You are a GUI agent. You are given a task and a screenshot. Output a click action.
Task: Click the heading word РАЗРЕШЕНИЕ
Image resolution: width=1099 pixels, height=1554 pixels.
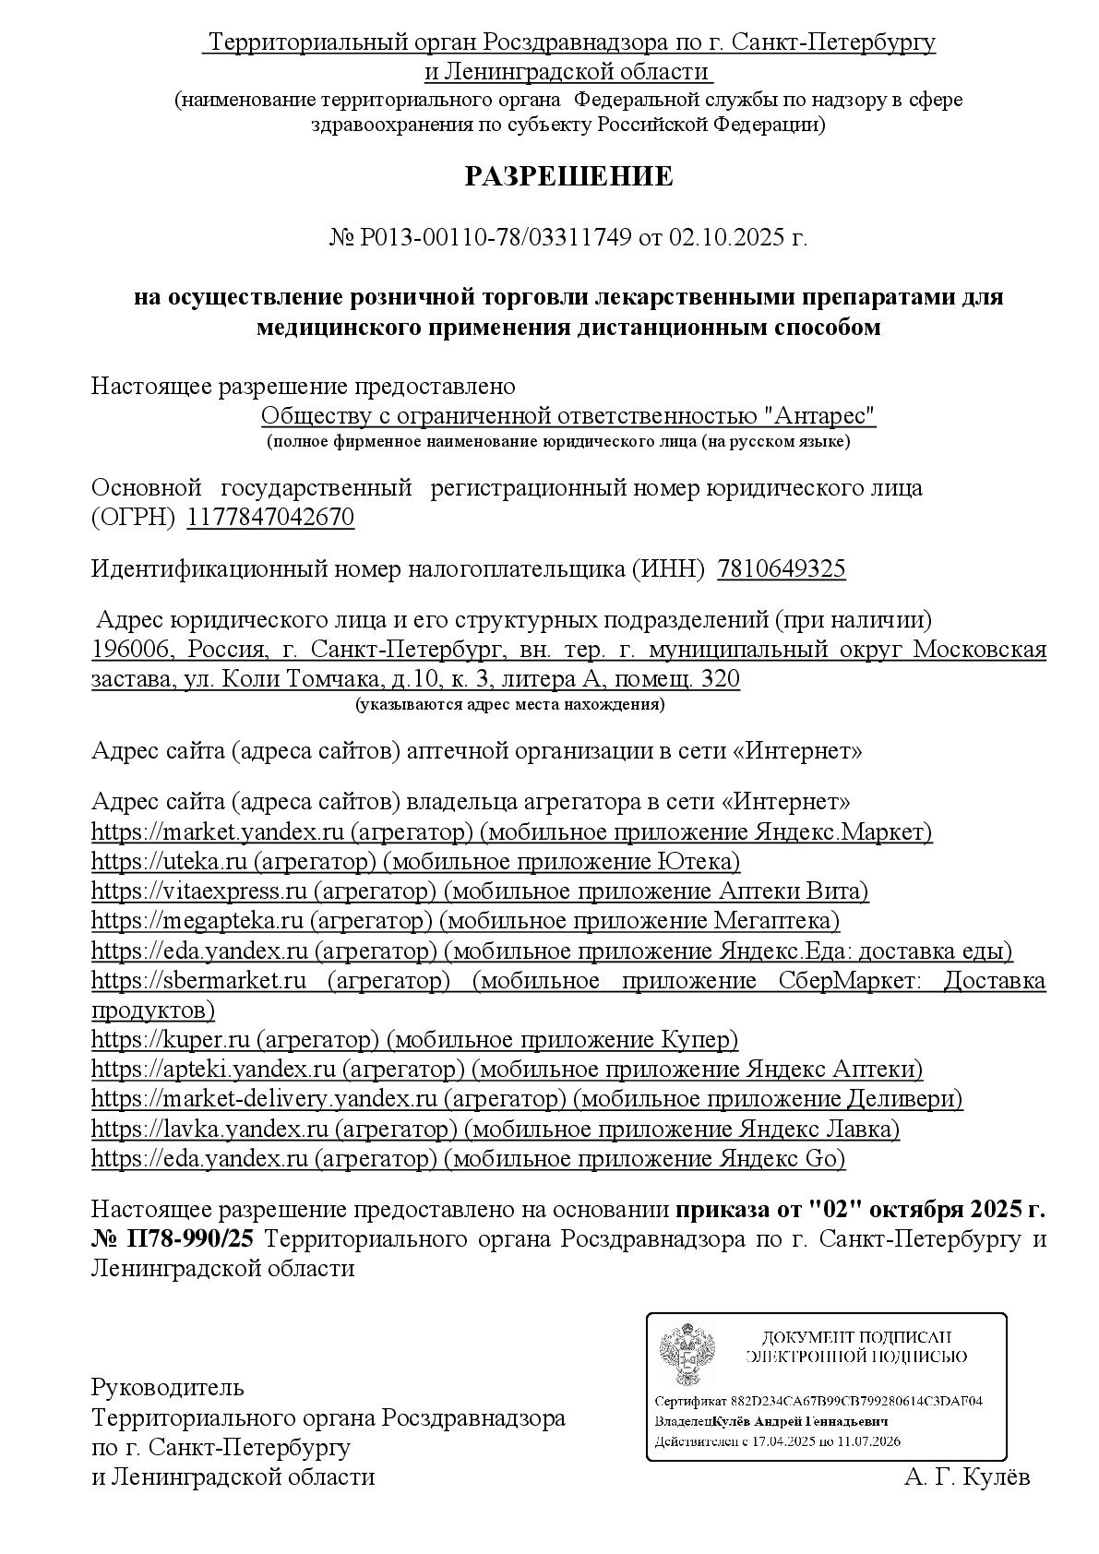(x=568, y=177)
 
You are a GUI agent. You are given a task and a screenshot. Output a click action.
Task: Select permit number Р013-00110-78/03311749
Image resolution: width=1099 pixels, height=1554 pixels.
(x=496, y=238)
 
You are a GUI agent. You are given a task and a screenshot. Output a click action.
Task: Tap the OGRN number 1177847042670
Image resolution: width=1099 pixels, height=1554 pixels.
(x=270, y=517)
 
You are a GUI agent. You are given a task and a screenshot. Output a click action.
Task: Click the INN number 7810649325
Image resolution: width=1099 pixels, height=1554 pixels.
(x=781, y=568)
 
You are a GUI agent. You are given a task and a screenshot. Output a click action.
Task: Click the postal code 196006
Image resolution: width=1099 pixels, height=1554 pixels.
(x=133, y=650)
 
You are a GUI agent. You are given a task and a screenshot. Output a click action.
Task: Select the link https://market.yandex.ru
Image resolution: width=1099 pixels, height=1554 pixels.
(x=218, y=831)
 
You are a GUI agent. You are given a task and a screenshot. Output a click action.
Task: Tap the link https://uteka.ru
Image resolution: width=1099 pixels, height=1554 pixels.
(x=169, y=861)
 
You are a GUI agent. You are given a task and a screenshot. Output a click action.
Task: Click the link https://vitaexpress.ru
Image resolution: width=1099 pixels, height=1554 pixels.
(x=198, y=891)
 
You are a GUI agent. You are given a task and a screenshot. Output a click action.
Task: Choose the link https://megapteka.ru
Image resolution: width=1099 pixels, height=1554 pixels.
(x=197, y=920)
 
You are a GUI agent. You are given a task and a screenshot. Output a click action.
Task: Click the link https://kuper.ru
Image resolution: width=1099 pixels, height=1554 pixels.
(x=171, y=1039)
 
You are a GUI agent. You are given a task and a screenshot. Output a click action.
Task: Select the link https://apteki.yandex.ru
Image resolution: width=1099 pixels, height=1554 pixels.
(x=213, y=1070)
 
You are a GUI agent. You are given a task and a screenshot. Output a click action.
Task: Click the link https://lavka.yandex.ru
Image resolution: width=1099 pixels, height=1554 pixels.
(x=209, y=1129)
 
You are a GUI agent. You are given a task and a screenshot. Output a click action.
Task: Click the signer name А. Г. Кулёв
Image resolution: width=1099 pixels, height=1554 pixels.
(x=966, y=1476)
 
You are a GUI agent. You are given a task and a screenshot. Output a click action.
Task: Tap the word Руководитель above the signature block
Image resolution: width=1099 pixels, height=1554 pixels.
(x=167, y=1387)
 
